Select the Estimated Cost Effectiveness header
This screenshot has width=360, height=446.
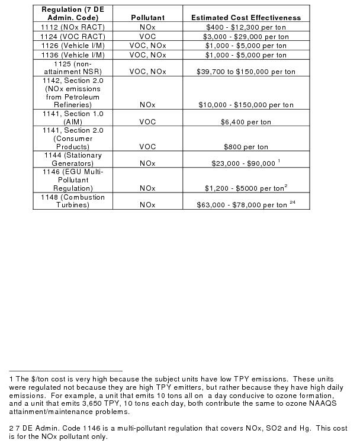246,18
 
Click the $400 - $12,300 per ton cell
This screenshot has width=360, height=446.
246,27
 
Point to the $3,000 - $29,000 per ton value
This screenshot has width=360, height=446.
246,37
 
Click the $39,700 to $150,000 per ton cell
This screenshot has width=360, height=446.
246,72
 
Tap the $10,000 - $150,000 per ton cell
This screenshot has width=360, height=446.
246,105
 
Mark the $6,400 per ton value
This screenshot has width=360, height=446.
246,122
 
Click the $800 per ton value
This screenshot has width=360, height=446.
246,146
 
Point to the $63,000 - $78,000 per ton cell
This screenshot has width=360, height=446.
242,206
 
